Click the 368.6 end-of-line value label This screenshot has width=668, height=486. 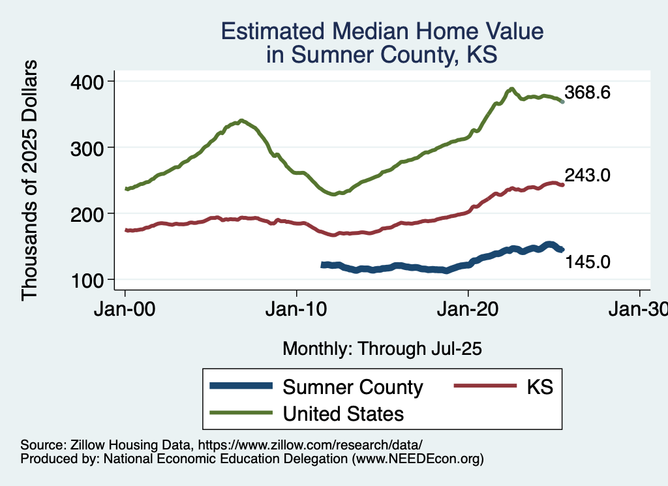587,93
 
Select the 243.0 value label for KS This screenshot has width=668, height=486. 587,175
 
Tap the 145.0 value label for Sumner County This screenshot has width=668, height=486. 587,262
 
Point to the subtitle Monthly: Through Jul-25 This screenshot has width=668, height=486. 382,349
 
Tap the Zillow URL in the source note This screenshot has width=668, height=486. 311,444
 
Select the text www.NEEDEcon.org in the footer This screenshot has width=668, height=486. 417,459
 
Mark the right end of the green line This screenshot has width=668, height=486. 563,102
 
